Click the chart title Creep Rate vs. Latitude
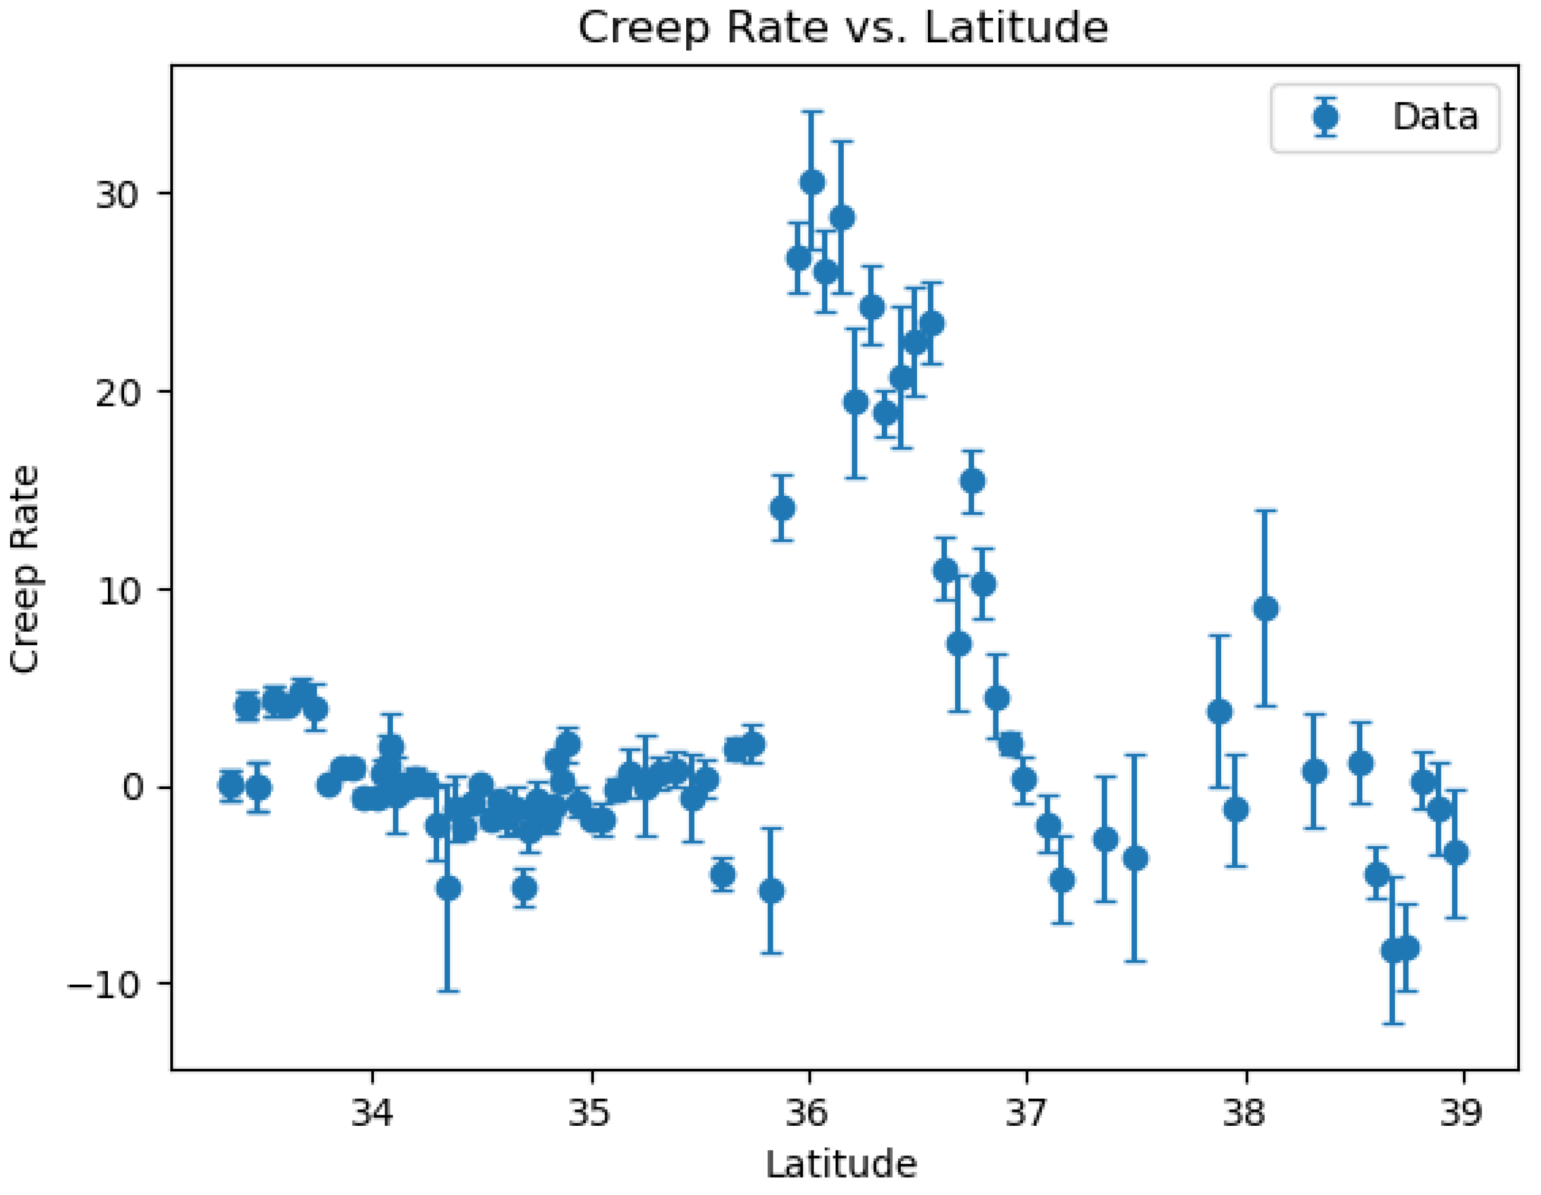843,28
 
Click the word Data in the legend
1434,116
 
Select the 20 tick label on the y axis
116,393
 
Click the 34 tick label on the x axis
373,1113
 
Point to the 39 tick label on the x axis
1461,1113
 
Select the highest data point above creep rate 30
812,182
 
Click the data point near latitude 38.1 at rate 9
1265,608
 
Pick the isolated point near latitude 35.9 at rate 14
782,508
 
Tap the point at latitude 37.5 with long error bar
1134,858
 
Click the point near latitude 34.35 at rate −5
449,888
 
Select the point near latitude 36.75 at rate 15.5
972,481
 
